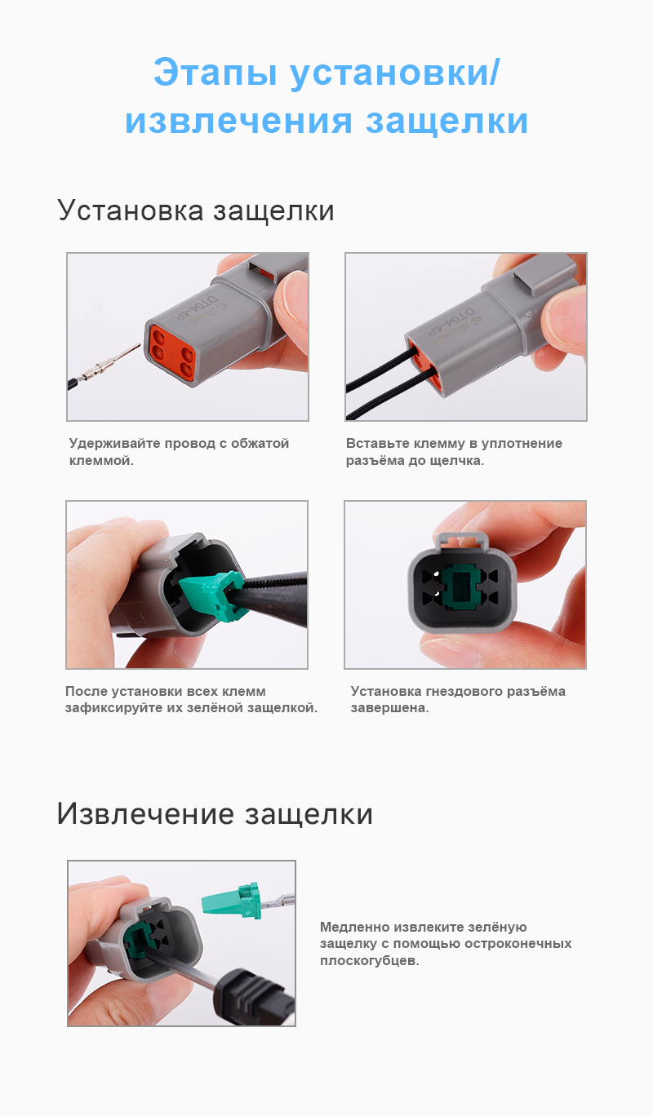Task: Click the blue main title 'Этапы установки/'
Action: click(x=326, y=73)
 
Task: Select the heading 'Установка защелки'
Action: click(x=196, y=210)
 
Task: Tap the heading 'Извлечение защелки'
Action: click(x=215, y=813)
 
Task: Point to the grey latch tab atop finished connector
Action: click(x=462, y=539)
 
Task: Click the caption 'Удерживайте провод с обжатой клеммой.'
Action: click(x=179, y=452)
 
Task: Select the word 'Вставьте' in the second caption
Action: click(x=375, y=444)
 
